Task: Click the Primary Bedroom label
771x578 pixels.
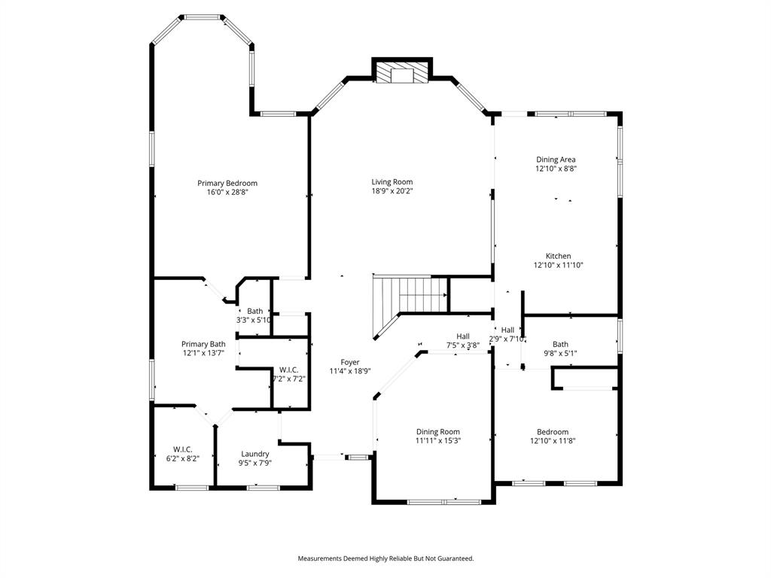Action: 227,183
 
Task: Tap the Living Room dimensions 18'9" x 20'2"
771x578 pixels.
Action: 392,191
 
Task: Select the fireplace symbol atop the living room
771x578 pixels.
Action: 403,73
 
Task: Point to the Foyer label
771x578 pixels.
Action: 350,362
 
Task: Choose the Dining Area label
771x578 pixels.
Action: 556,160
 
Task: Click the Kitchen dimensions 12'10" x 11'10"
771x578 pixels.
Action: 558,265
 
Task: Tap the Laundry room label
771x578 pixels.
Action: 255,454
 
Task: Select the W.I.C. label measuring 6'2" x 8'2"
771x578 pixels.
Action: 182,449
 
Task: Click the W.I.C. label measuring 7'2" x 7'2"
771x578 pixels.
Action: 288,370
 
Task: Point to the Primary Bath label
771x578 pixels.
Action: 203,344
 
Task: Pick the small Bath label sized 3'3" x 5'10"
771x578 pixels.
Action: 255,311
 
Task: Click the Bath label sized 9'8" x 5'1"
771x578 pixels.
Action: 560,344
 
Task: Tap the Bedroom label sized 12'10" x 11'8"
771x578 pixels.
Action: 558,432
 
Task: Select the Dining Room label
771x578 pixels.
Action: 438,432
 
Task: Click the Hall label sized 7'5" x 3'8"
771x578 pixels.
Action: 463,336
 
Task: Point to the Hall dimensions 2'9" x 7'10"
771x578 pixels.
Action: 507,339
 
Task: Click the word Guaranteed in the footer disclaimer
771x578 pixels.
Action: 453,558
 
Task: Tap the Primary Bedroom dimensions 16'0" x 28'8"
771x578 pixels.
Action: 227,193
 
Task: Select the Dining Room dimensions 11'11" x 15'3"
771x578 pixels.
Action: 438,442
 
